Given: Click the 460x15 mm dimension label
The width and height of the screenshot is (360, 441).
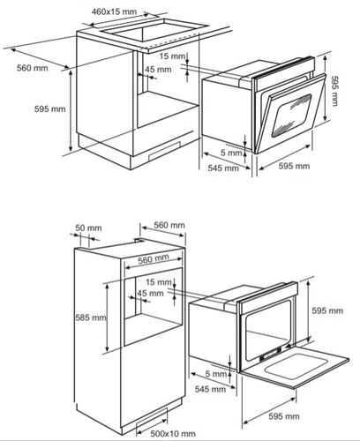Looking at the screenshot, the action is [114, 11].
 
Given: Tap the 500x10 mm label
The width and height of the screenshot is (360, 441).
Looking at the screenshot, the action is [173, 433].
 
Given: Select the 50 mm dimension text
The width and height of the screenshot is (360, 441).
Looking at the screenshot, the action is [88, 228].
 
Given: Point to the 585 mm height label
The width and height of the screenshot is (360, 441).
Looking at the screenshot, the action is [91, 318].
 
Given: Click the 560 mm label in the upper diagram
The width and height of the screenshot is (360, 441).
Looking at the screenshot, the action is [32, 68].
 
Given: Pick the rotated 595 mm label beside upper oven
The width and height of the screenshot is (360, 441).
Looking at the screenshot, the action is [335, 91].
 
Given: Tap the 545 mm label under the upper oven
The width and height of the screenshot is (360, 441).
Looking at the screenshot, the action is [223, 168].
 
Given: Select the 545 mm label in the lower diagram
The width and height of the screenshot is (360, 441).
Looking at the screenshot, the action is [210, 389].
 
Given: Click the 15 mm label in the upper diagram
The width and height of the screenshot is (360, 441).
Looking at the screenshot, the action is [173, 56].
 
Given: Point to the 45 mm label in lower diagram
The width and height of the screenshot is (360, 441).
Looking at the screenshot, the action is [150, 293].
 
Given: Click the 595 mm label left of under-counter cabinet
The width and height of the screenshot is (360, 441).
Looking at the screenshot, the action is [49, 108].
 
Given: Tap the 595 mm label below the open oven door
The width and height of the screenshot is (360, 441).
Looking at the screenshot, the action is [284, 416].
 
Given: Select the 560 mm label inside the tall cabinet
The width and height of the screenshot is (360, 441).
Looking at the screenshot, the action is [154, 259].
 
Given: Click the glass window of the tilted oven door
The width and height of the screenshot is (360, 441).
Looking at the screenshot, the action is [292, 116].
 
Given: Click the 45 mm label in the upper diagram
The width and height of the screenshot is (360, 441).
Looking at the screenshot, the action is [158, 70].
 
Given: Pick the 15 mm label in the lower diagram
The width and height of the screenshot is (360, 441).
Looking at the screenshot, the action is [159, 282].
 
